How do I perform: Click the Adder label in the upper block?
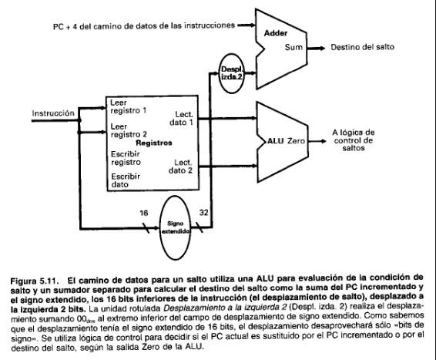coord(276,33)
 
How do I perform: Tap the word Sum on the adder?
coord(293,47)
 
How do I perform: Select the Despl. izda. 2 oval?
coord(231,73)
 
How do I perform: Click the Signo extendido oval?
coord(175,227)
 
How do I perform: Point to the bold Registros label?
coord(154,143)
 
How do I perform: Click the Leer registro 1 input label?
coord(128,106)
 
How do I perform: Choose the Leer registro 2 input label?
coord(129,130)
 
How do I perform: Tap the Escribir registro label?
coord(126,158)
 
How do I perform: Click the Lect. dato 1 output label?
coord(181,119)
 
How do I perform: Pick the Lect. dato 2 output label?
coord(181,167)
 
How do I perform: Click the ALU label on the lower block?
coord(276,141)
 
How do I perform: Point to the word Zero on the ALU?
coord(296,141)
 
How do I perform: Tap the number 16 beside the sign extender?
coord(144,213)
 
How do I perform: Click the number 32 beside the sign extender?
coord(204,213)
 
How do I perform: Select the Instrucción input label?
coord(53,113)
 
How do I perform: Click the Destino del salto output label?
coord(363,47)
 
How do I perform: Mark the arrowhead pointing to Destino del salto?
coord(322,48)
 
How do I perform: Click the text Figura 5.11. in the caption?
coord(35,281)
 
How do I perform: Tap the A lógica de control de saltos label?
coord(354,140)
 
